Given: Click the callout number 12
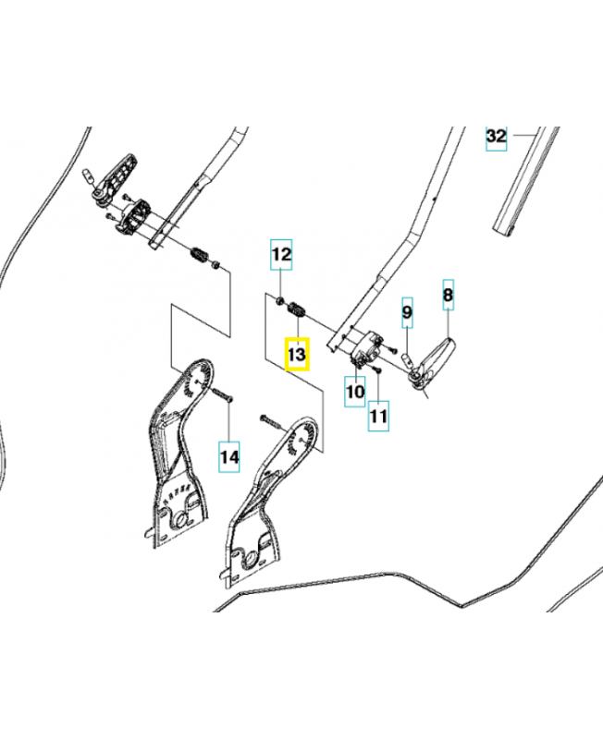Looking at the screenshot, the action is (x=281, y=255).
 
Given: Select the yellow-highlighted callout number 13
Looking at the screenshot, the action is (x=297, y=354).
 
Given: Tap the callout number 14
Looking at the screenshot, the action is (x=228, y=456).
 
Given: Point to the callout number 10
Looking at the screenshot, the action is (x=355, y=392).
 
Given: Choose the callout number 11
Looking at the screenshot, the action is (x=378, y=417).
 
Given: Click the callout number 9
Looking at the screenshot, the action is (x=407, y=312).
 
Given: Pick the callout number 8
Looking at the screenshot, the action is (x=449, y=295).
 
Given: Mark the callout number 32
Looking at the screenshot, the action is (x=497, y=136).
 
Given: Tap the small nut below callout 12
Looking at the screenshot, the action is (x=279, y=300).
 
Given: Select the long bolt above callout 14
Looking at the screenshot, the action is (x=223, y=394).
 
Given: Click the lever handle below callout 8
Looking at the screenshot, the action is (x=432, y=360).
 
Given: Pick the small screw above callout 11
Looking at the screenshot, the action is (x=377, y=370).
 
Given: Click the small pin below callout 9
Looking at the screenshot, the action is (x=406, y=360).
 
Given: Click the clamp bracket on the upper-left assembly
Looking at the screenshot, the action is (x=132, y=216).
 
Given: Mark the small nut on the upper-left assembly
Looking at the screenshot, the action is (x=216, y=265).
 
